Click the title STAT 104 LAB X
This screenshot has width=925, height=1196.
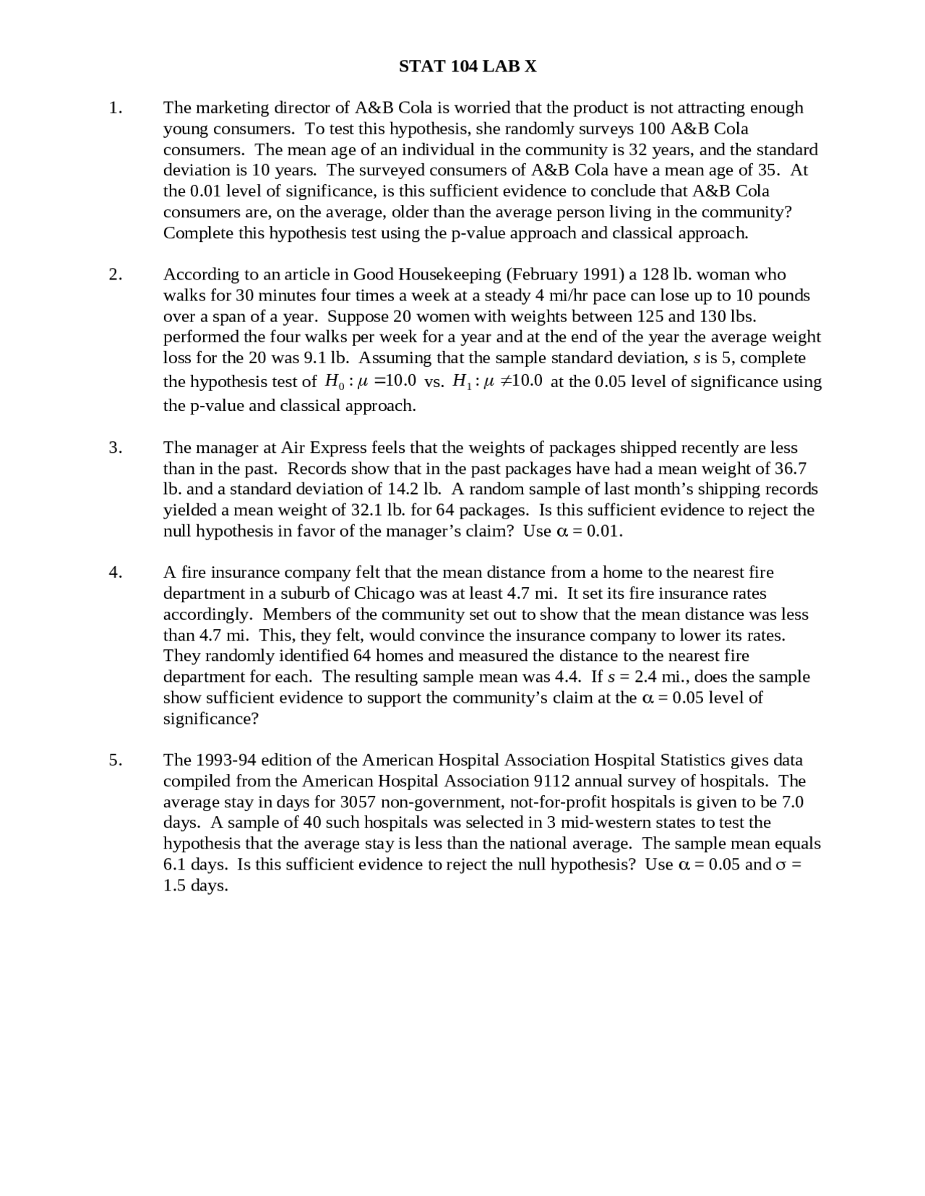coord(468,66)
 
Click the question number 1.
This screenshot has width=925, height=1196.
coord(115,108)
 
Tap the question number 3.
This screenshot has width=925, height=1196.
coord(115,448)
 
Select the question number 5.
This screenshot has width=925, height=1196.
coord(115,760)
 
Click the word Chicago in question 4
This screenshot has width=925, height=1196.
coord(384,594)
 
